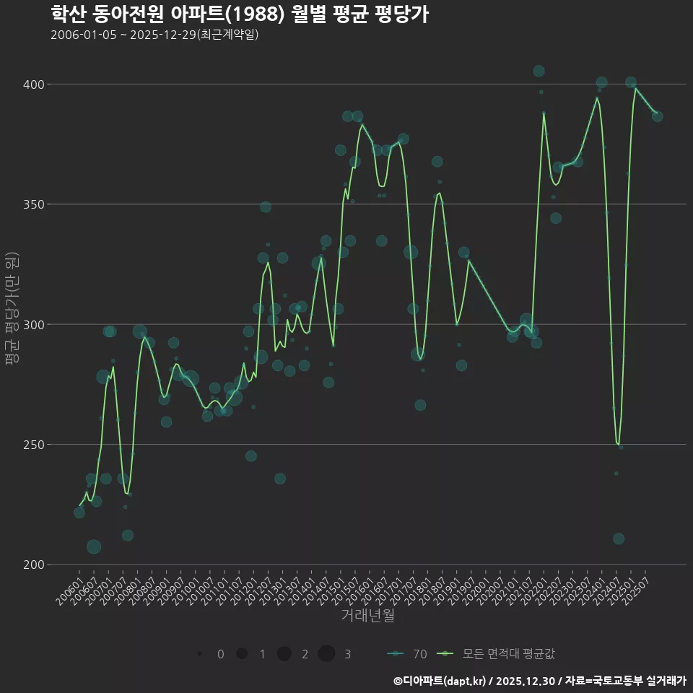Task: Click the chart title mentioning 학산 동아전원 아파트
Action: tap(240, 14)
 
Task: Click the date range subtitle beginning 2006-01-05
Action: tap(154, 35)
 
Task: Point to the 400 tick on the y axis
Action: tap(35, 84)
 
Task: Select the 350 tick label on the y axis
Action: tap(35, 204)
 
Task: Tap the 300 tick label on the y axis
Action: tap(35, 324)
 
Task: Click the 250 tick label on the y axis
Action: tap(35, 445)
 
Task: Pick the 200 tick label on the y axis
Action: tap(35, 565)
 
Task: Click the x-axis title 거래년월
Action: tap(367, 616)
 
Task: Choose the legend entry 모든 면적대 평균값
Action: tap(498, 654)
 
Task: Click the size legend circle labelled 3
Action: tap(326, 654)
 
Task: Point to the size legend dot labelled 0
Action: tap(199, 654)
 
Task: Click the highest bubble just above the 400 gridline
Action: tap(539, 71)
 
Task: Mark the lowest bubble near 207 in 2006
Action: tap(94, 546)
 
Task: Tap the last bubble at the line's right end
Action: tap(657, 116)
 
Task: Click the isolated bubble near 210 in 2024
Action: tap(619, 539)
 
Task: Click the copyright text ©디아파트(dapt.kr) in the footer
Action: tap(442, 681)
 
